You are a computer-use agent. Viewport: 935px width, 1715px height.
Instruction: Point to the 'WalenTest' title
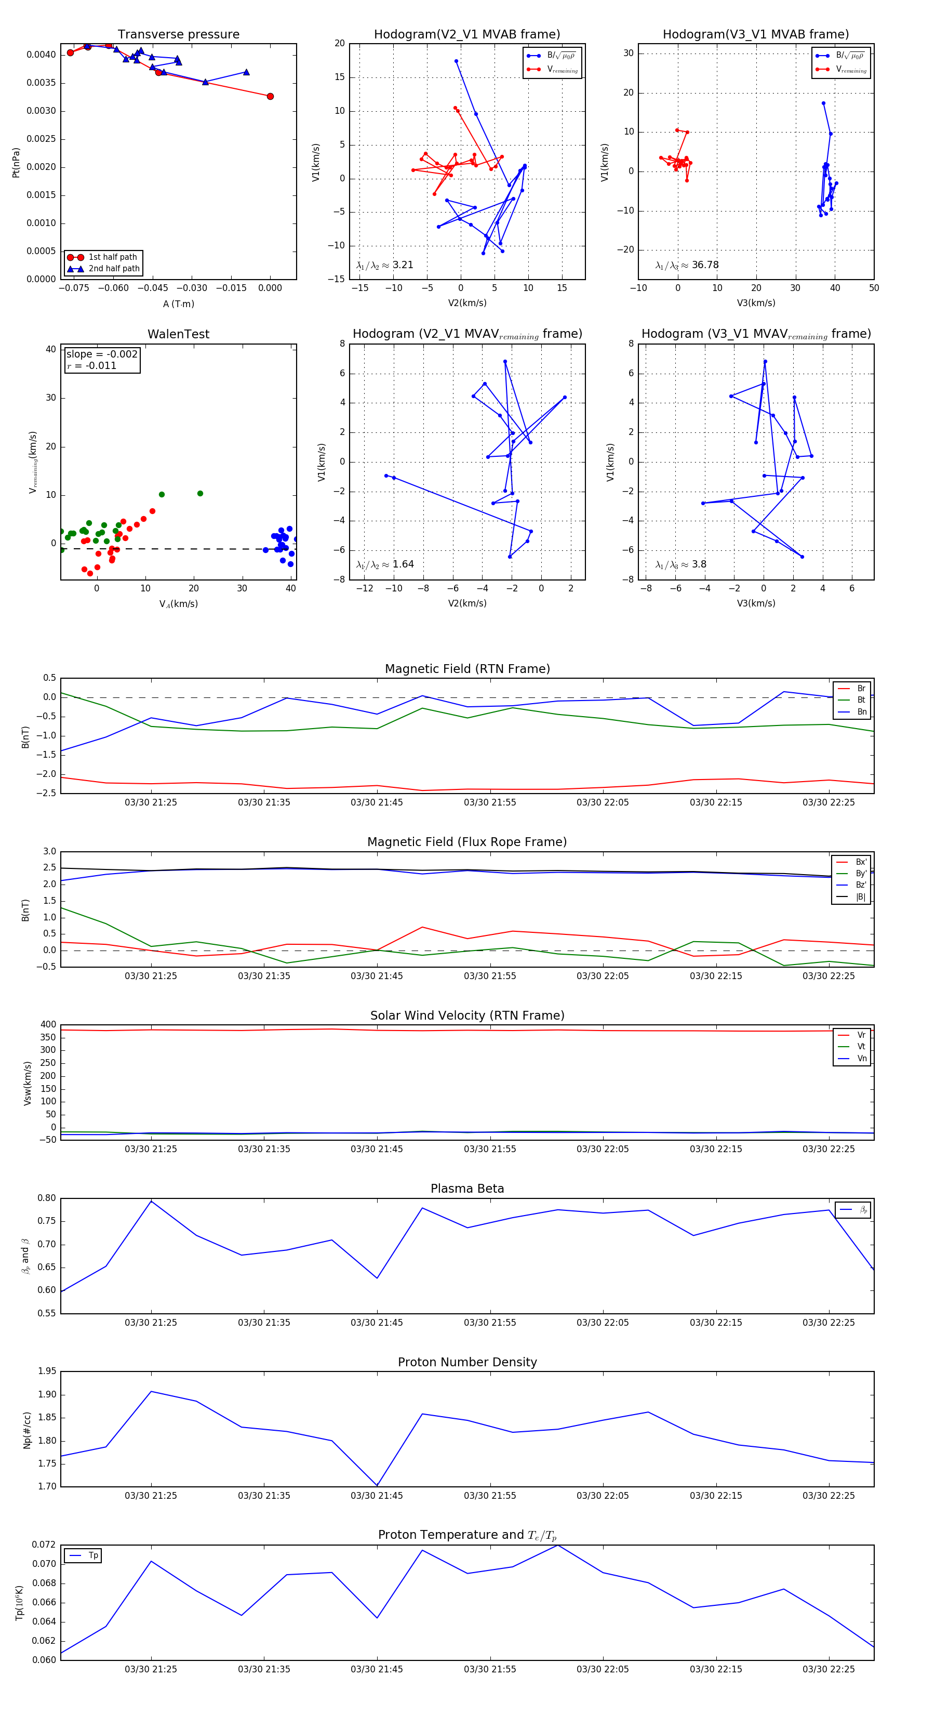(x=178, y=334)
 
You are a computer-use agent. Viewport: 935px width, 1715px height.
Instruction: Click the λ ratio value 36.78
(x=705, y=265)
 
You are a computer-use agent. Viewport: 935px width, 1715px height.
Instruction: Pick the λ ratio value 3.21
(x=403, y=265)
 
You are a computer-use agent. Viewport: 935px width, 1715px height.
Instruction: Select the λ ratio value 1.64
(x=403, y=564)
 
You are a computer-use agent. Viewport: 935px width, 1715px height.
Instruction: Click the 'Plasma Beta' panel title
(x=467, y=1189)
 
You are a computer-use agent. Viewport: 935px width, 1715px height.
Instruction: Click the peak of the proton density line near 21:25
(x=151, y=1391)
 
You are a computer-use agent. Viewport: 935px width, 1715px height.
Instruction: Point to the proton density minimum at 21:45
(x=377, y=1485)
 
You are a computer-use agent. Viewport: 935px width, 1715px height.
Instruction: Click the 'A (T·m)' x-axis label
(x=178, y=304)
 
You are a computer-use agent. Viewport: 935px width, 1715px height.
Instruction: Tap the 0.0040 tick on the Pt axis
(x=41, y=55)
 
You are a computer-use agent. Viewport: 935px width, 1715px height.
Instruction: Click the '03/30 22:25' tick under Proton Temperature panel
(x=829, y=1669)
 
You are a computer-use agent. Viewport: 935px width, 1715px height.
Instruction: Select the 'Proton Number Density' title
(x=467, y=1362)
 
